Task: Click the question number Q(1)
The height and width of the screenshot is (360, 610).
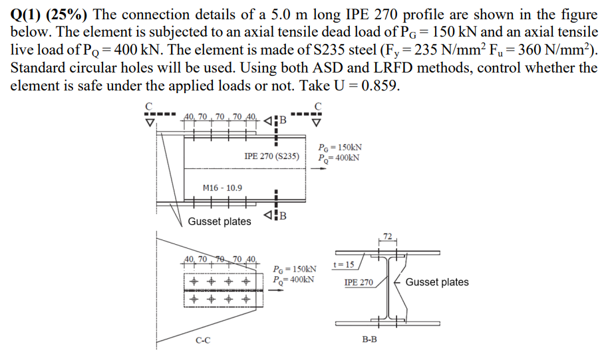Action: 26,13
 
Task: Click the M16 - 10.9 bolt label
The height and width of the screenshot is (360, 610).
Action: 222,188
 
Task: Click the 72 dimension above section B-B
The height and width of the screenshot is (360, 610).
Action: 388,236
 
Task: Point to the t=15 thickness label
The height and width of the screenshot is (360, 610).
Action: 343,265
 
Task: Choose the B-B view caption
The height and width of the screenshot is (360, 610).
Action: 370,339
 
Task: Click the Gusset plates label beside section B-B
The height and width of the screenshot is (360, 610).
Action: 436,282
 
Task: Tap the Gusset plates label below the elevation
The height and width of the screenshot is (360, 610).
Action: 220,222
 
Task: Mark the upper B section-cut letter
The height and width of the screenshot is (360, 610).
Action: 283,120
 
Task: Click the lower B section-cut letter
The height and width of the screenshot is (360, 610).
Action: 283,215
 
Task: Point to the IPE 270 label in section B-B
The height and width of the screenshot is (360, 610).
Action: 358,283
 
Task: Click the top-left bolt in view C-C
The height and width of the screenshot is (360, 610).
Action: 194,281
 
